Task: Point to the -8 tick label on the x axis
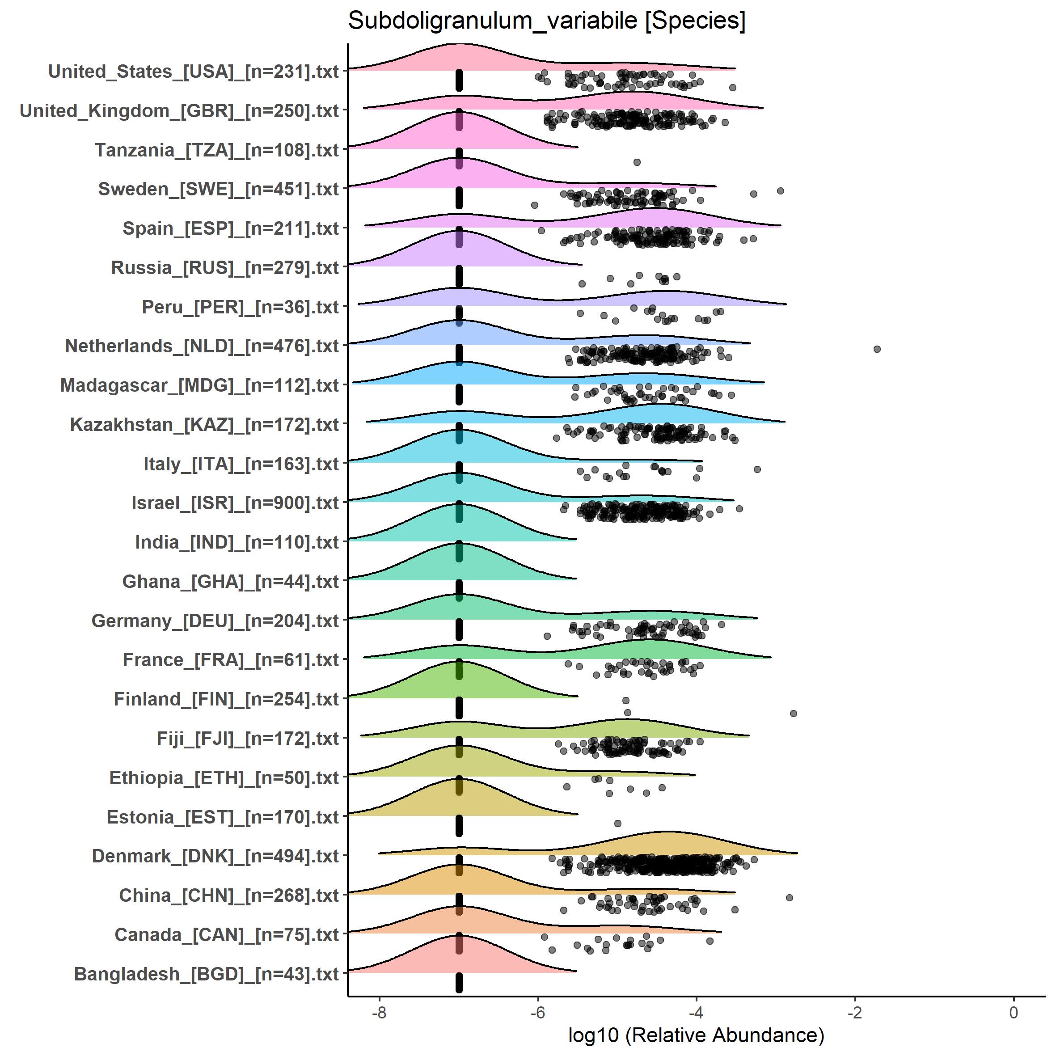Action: (x=379, y=1013)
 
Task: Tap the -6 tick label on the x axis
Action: (x=537, y=1013)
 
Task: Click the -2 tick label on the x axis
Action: (x=855, y=1013)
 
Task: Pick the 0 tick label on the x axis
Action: (x=1014, y=1013)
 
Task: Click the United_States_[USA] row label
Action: (x=194, y=72)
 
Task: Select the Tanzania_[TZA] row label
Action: (x=216, y=150)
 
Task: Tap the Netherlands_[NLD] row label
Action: (x=202, y=346)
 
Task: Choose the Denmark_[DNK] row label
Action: (x=215, y=856)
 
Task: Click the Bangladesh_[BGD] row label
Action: (x=206, y=974)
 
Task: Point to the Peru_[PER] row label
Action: (x=240, y=307)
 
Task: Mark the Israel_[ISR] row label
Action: (x=235, y=503)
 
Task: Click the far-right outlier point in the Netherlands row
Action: (x=877, y=349)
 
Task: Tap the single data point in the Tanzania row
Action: (x=636, y=162)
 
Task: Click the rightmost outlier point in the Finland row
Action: (x=794, y=713)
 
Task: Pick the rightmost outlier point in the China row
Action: (x=789, y=897)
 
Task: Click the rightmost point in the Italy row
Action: (x=757, y=469)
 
